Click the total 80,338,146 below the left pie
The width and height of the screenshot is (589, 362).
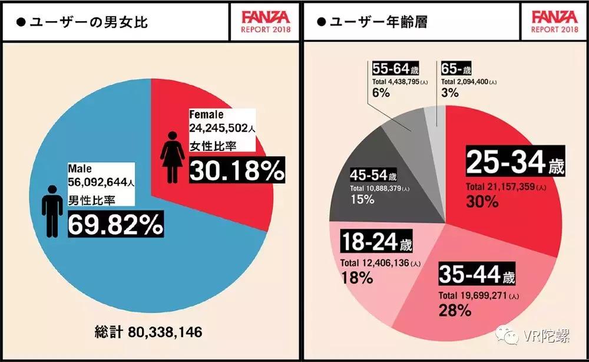pyautogui.click(x=148, y=332)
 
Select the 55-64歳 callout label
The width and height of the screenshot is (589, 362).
pyautogui.click(x=399, y=68)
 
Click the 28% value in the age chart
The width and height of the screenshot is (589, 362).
pyautogui.click(x=454, y=310)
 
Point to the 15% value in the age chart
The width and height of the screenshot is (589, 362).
pyautogui.click(x=363, y=199)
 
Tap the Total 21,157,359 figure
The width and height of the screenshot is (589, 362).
pyautogui.click(x=508, y=187)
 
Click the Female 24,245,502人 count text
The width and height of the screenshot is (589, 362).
pyautogui.click(x=221, y=121)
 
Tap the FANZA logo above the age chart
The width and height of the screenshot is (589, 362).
pyautogui.click(x=554, y=16)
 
